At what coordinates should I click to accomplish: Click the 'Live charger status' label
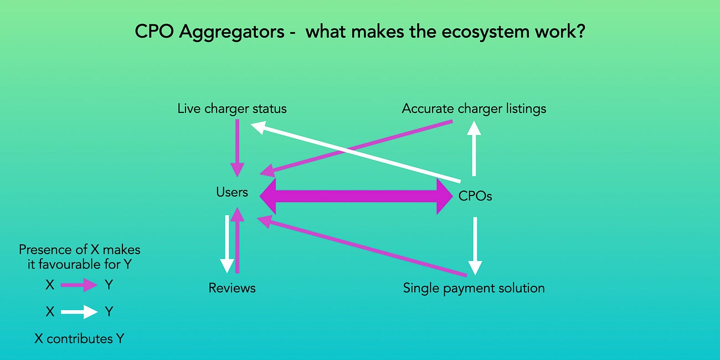point(232,109)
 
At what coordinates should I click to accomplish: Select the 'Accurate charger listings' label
point(474,109)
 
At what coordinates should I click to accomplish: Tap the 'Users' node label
point(232,192)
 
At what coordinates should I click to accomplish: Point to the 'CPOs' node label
point(475,196)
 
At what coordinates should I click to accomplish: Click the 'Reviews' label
point(232,288)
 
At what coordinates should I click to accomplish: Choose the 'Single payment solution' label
point(474,288)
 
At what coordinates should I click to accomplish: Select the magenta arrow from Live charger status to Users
point(238,144)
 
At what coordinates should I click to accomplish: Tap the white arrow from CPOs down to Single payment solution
point(475,244)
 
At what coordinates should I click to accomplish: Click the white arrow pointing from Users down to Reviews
point(227,244)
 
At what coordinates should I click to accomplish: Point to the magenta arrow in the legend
point(79,285)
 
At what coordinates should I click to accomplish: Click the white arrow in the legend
point(79,312)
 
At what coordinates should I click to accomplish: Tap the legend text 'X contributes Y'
point(79,338)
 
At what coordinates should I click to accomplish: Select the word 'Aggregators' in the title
point(214,32)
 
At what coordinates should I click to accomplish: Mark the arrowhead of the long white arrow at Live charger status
point(258,127)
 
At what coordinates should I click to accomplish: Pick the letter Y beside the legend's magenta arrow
point(109,285)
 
